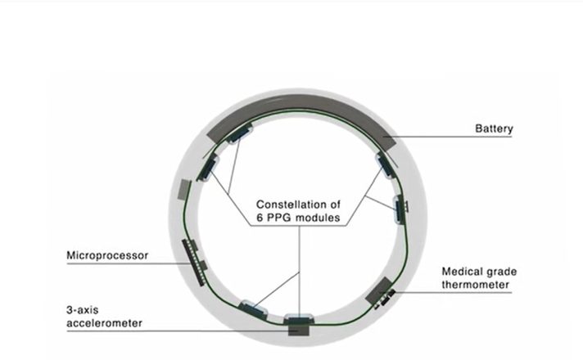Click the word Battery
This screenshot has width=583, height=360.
pos(494,129)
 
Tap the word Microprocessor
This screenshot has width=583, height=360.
pos(107,255)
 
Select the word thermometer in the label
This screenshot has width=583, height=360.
pos(475,285)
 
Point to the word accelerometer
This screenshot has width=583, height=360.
pos(105,323)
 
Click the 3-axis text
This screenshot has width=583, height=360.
pos(82,310)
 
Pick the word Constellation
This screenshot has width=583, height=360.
pos(286,205)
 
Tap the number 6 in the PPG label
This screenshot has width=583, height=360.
pos(260,218)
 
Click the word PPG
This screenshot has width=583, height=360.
pos(278,218)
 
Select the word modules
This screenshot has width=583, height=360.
pos(317,218)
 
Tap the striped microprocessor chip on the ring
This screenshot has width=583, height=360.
pos(193,263)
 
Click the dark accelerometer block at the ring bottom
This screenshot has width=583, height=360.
pos(299,329)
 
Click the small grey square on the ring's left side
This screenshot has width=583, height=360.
pos(184,190)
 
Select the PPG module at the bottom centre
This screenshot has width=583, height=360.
pos(299,319)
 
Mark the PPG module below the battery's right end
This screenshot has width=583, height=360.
pos(385,165)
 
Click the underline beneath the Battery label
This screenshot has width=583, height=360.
pos(447,137)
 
